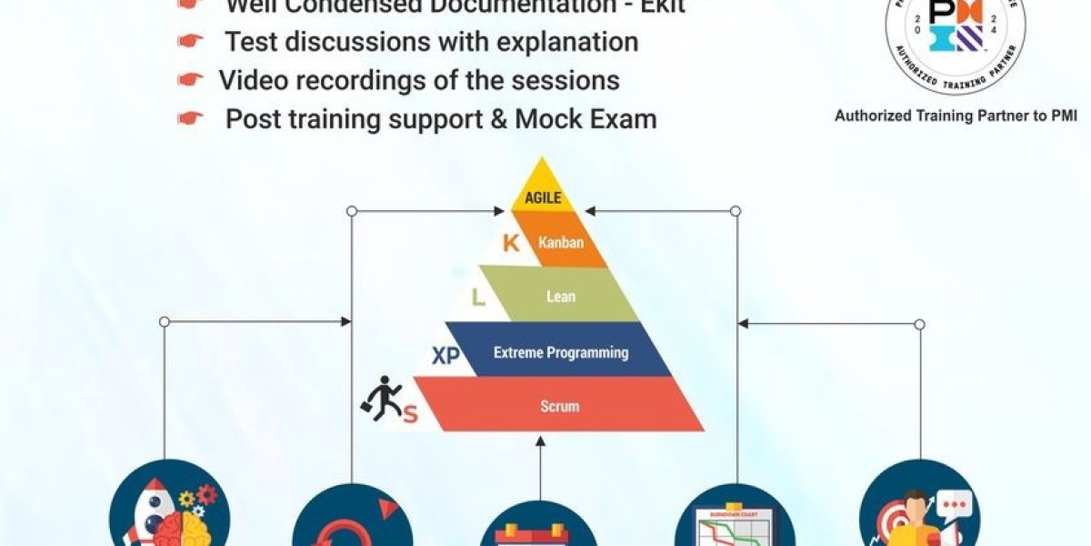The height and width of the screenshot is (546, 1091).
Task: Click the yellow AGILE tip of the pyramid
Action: coord(543,194)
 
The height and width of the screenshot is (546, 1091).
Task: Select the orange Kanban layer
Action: coord(559,243)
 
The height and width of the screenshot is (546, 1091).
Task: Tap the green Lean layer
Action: coord(559,297)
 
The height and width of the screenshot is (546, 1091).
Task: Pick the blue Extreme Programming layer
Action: coord(560,352)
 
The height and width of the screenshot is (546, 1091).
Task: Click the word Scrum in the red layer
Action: coord(560,406)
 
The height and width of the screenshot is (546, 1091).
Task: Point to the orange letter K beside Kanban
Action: coord(511,243)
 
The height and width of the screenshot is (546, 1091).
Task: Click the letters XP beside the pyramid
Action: coord(445,356)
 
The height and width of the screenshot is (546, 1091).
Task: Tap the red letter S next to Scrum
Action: coord(410,415)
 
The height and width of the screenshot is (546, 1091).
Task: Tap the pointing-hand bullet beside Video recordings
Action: coord(190,80)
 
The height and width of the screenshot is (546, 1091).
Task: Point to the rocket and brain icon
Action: coord(170,510)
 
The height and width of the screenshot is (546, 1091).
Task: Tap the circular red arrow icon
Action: coord(350,523)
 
